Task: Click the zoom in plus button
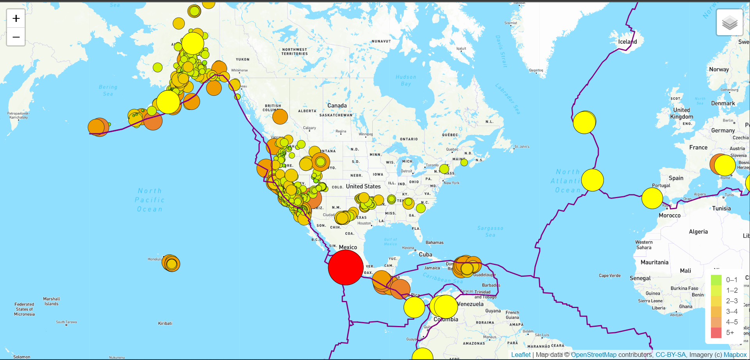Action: (x=16, y=18)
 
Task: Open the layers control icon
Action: (x=729, y=23)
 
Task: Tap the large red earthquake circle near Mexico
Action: (x=345, y=267)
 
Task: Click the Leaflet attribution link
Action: (x=521, y=355)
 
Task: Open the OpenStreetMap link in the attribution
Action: (x=593, y=355)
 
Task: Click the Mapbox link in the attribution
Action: (x=735, y=355)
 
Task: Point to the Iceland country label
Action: (x=627, y=42)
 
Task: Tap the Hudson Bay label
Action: (x=406, y=80)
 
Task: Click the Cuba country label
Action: (x=425, y=254)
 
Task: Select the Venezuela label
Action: (x=470, y=304)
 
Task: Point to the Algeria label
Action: (x=698, y=232)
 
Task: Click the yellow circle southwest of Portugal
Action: (x=652, y=198)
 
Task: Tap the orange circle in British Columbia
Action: (x=280, y=116)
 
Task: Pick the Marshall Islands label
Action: (x=52, y=301)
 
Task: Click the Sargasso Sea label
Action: (x=490, y=231)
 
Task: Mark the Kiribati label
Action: (x=165, y=323)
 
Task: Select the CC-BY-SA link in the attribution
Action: (x=670, y=355)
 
